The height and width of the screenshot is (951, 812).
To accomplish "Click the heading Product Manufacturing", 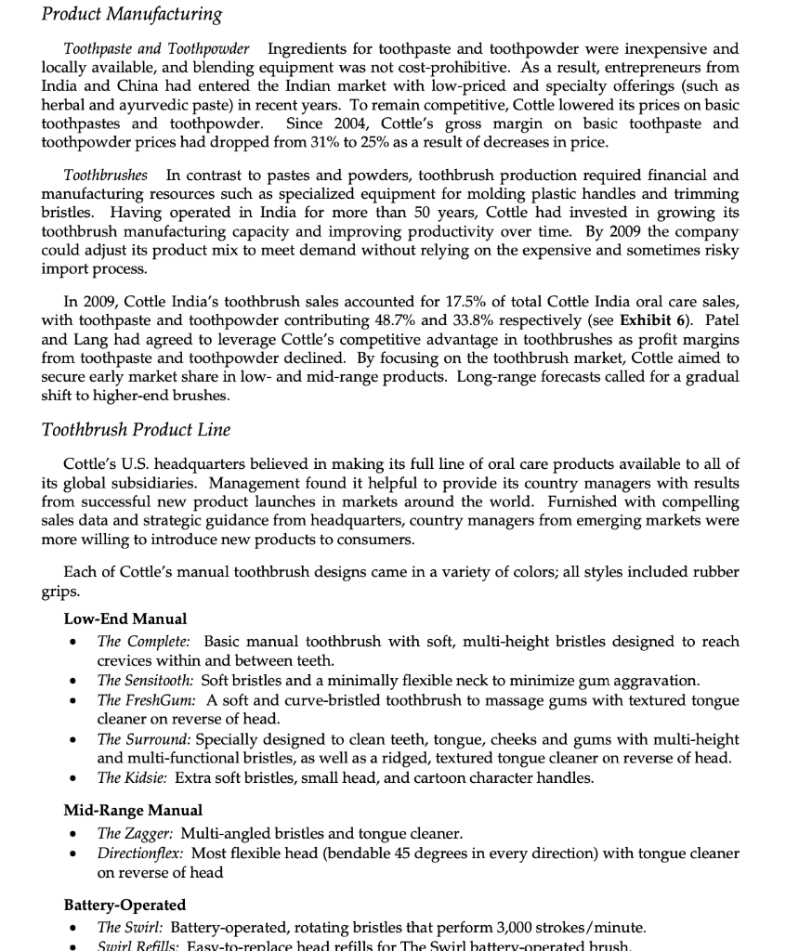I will pos(132,14).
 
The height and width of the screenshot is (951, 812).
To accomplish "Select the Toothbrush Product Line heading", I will pos(136,429).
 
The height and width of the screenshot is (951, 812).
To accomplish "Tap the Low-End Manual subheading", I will pos(124,619).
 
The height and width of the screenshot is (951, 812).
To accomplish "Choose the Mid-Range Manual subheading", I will pos(133,810).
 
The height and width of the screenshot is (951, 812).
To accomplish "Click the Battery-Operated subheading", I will pos(124,905).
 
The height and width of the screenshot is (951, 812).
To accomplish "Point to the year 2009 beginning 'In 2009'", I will pos(97,302).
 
